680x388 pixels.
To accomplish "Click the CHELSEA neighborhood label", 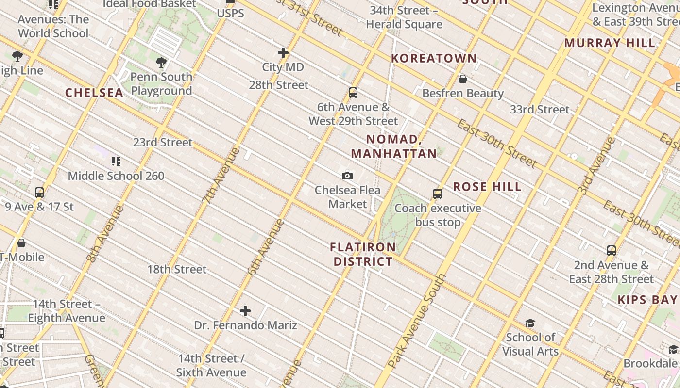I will (x=94, y=93).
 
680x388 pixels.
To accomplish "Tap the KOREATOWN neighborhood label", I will (x=434, y=58).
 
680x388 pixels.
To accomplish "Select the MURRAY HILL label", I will (x=610, y=43).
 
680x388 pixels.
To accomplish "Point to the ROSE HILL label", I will (x=487, y=187).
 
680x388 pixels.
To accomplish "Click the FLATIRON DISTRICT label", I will (x=362, y=254).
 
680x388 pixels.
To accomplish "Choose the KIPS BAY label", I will (x=647, y=300).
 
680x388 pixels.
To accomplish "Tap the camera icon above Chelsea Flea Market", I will (x=347, y=176).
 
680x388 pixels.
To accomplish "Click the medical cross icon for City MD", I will (x=283, y=53).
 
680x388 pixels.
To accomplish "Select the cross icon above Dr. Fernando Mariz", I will (x=245, y=311).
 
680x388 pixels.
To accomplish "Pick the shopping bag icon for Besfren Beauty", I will (x=463, y=79).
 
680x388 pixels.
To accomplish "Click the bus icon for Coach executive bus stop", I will (x=438, y=194).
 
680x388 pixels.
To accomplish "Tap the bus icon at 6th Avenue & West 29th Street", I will (x=353, y=93).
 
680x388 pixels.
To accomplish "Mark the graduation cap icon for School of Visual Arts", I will (x=530, y=323).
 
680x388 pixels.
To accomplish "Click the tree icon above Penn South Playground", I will (x=161, y=63).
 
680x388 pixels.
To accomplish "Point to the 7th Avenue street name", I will (x=221, y=175).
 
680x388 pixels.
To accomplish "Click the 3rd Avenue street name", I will (x=596, y=166).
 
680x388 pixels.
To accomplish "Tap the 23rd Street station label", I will (x=163, y=143).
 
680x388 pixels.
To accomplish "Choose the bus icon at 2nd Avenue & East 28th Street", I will (x=612, y=251).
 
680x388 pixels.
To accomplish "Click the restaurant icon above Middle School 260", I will (x=116, y=162).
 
